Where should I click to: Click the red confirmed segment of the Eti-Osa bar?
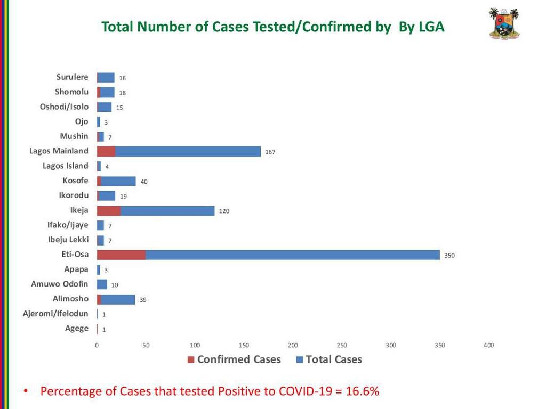click(121, 255)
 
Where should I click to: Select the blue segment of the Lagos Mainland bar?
click(188, 151)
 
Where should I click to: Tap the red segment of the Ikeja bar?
click(109, 210)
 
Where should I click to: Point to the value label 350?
click(449, 256)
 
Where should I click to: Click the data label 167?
click(270, 152)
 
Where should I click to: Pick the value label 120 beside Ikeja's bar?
click(224, 211)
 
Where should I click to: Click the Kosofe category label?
click(75, 181)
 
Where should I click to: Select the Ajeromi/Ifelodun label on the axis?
click(55, 314)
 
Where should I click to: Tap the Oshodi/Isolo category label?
click(64, 107)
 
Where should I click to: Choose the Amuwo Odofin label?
click(60, 284)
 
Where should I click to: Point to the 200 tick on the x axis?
click(293, 346)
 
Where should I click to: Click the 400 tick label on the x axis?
click(488, 346)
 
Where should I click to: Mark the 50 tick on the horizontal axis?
click(146, 346)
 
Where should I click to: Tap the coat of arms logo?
click(504, 23)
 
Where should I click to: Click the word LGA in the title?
click(431, 27)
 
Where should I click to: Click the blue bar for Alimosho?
click(118, 299)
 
